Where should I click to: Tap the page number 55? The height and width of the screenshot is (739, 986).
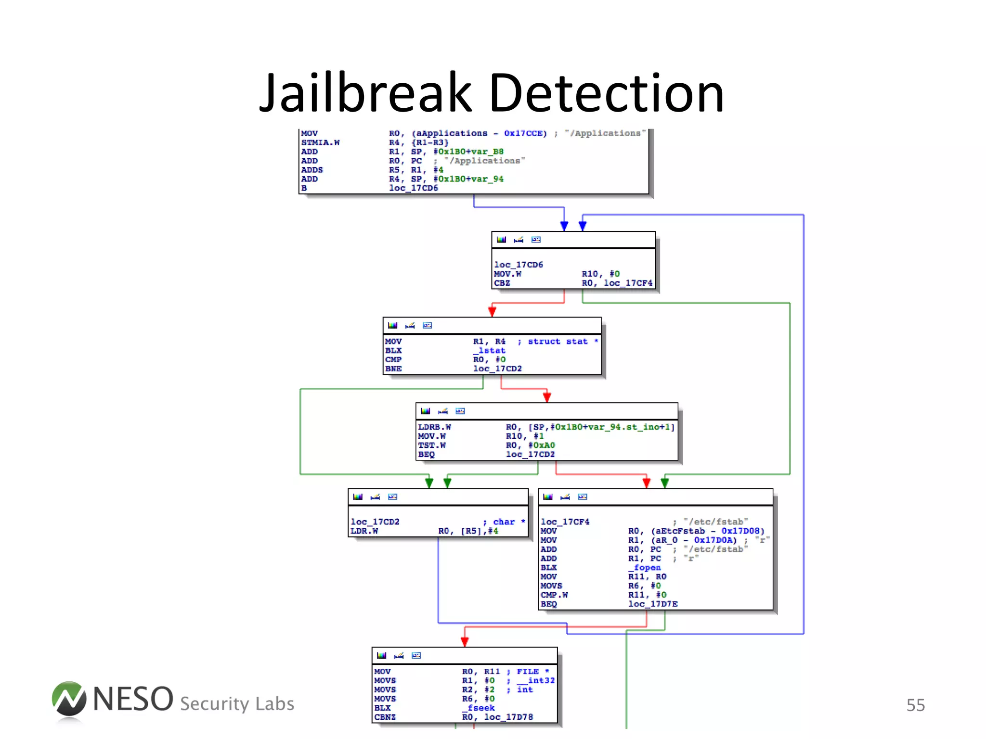[x=915, y=705]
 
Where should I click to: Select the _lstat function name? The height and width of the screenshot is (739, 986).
[x=489, y=351]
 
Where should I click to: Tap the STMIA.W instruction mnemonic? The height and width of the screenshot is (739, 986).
[x=320, y=142]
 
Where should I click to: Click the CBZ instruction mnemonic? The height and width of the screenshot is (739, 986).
[x=502, y=283]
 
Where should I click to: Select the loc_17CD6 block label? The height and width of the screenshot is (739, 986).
[x=519, y=265]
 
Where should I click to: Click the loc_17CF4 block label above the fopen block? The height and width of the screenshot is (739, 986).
[x=565, y=522]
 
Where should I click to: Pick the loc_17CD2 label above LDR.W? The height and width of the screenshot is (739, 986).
[x=375, y=522]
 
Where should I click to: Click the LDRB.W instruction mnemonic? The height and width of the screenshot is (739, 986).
[x=434, y=427]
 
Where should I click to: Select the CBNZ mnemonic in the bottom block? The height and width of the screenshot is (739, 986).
[x=385, y=717]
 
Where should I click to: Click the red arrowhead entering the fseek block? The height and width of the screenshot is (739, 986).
[x=465, y=642]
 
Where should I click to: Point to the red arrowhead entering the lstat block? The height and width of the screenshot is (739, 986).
[x=492, y=311]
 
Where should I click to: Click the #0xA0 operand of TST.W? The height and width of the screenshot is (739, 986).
[x=542, y=446]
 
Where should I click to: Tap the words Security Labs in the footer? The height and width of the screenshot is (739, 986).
[x=237, y=704]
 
